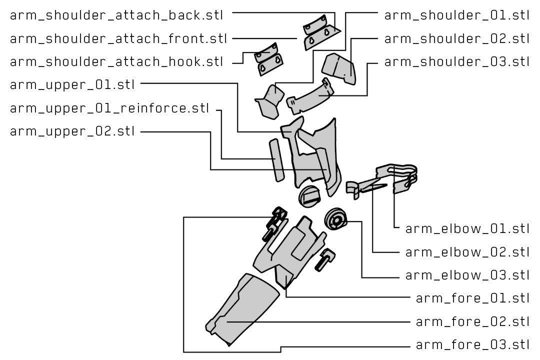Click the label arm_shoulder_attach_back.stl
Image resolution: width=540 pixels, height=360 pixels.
pos(116,15)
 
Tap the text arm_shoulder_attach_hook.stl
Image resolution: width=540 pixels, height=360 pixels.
pos(116,62)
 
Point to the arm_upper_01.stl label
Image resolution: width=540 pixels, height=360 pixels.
pos(72,84)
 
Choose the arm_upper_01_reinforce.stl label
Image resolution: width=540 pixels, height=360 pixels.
pos(109,108)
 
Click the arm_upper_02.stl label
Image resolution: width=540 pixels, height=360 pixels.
pos(72,131)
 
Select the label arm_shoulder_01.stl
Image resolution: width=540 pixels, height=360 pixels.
pos(456,15)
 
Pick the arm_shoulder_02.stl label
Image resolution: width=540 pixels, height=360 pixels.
pos(456,38)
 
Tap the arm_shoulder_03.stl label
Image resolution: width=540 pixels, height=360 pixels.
pos(456,62)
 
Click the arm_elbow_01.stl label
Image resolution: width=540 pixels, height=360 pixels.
pos(467,228)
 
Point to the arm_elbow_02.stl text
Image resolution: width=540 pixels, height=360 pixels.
pos(467,251)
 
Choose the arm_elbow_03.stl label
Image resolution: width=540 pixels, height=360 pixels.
pos(467,275)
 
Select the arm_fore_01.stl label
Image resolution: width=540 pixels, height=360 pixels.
pos(472,298)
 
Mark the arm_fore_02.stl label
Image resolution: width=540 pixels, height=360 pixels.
pos(472,321)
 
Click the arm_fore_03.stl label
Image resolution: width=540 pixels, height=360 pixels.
pos(472,345)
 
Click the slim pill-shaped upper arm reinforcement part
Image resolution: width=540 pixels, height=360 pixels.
pos(276,161)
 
